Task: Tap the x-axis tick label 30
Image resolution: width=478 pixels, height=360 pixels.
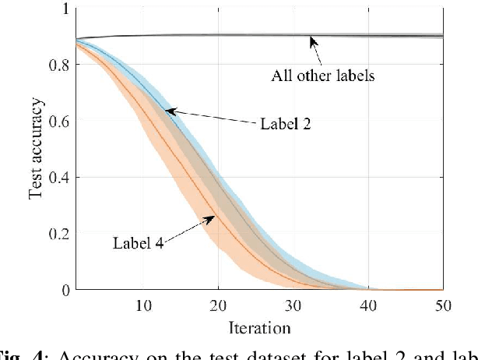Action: click(x=293, y=305)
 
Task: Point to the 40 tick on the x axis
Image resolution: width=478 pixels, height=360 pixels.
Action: click(x=369, y=305)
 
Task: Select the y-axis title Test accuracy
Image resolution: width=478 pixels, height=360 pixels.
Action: click(x=36, y=149)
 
